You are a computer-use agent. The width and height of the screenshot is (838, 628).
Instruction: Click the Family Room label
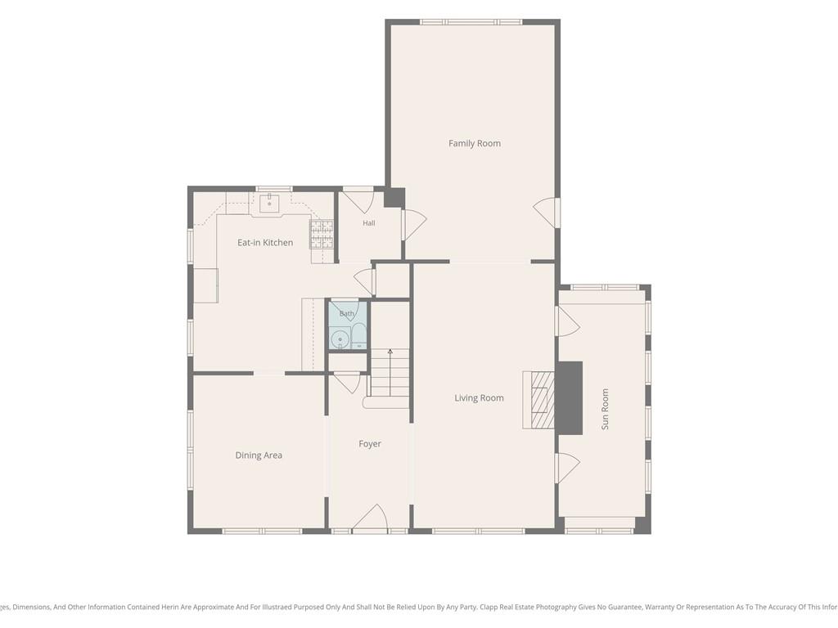[474, 143]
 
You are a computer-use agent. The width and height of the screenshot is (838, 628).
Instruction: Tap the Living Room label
[479, 398]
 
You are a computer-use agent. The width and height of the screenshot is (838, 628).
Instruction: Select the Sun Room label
[605, 409]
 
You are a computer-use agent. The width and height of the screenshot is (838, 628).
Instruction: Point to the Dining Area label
[259, 455]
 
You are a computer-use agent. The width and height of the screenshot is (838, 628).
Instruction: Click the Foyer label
[370, 444]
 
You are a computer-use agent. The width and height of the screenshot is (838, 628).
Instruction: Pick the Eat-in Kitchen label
[265, 242]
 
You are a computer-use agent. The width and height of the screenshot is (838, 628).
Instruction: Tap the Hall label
[369, 223]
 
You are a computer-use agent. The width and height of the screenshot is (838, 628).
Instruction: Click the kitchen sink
[270, 204]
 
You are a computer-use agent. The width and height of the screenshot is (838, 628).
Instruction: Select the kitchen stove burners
[322, 234]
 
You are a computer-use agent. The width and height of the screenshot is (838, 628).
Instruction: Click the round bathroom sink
[340, 339]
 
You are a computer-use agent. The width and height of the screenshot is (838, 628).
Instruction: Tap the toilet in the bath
[358, 336]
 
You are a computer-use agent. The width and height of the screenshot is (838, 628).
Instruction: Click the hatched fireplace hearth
[538, 399]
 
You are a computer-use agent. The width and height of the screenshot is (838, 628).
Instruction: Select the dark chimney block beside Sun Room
[570, 398]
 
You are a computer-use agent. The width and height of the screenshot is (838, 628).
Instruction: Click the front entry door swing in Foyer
[370, 518]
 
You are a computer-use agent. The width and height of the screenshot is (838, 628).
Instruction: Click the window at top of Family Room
[471, 22]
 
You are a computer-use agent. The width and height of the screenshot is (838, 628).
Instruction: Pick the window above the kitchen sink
[274, 189]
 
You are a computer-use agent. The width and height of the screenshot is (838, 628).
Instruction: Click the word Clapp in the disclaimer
[490, 607]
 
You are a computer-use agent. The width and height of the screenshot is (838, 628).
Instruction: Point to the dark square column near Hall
[394, 198]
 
